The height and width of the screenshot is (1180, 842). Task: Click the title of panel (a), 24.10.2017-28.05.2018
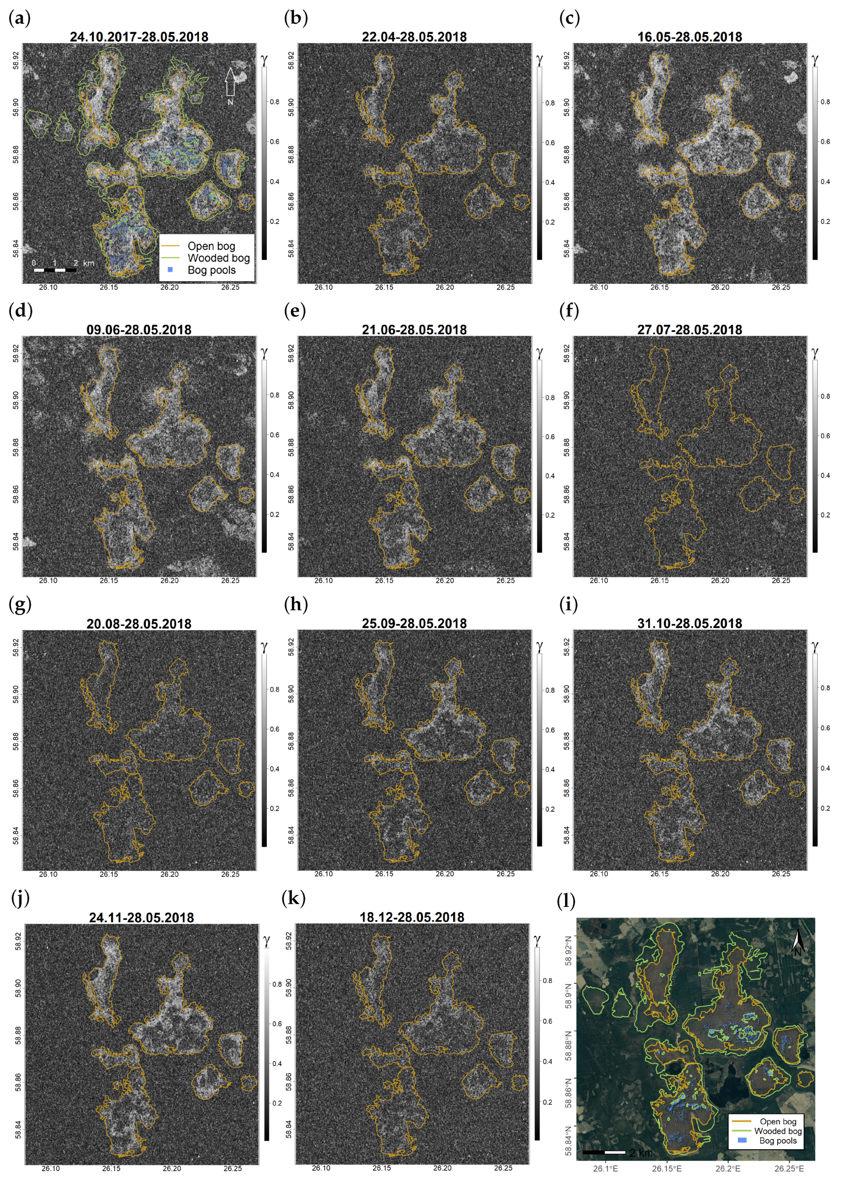139,37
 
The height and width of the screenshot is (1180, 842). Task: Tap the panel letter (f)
569,311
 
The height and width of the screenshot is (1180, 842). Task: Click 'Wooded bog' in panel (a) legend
218,258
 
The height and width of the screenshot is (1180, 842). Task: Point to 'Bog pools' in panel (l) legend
777,1140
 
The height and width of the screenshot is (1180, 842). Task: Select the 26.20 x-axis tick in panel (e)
444,580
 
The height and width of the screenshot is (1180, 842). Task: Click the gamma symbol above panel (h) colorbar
540,646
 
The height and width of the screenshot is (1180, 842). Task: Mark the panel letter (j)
20,898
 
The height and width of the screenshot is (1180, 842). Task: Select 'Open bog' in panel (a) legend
211,246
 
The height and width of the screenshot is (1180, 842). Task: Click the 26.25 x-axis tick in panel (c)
781,287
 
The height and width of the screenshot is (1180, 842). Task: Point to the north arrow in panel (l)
798,943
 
